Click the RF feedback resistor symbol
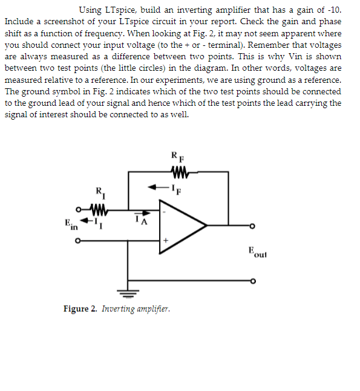180,172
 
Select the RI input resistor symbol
100,212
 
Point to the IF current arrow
159,186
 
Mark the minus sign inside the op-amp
163,212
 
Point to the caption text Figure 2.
80,309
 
